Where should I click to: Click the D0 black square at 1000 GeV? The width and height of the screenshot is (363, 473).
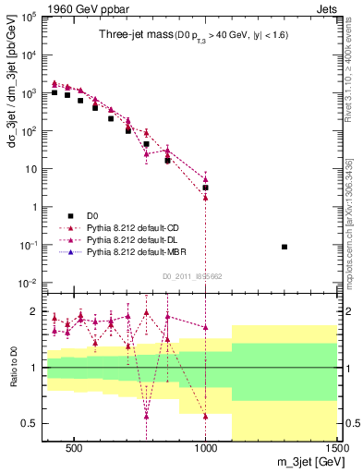tap(206, 188)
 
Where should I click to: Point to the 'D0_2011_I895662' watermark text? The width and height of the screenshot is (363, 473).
tap(191, 274)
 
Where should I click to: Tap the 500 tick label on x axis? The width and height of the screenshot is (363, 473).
tap(74, 447)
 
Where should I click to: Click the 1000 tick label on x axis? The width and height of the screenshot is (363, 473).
tap(205, 447)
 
